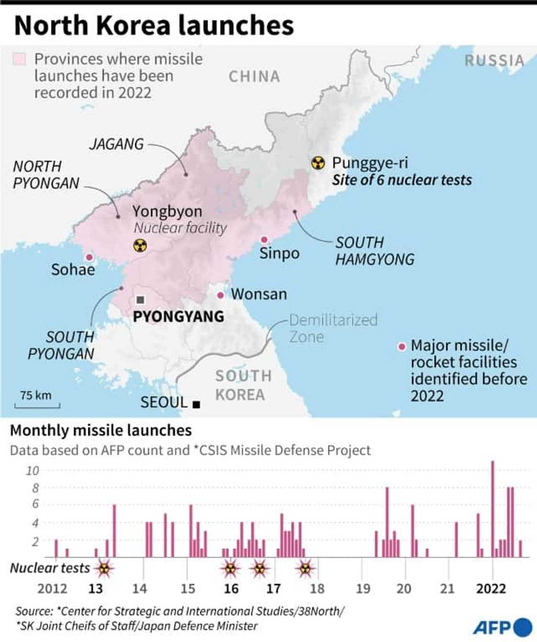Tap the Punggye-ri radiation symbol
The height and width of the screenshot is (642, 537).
pos(318,163)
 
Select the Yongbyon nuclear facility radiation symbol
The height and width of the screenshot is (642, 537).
pos(140,246)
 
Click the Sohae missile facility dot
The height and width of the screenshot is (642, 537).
pos(89,257)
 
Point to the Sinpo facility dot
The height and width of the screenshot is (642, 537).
pos(264,240)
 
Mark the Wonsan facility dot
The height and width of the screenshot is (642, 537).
pos(221,295)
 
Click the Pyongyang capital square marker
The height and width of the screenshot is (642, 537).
pos(140,300)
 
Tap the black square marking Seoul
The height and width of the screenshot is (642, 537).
pos(196,404)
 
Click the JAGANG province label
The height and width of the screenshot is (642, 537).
pos(117,144)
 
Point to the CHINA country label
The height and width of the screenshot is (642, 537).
pos(254,77)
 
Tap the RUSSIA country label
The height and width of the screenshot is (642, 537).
pos(494,61)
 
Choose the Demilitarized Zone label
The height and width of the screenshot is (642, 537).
pos(333,328)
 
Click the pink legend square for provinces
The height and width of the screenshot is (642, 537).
pos(20,59)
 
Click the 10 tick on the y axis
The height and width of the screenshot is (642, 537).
pos(32,470)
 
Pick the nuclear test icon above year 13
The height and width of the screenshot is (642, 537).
pos(105,569)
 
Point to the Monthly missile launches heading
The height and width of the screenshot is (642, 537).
pos(101,430)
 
